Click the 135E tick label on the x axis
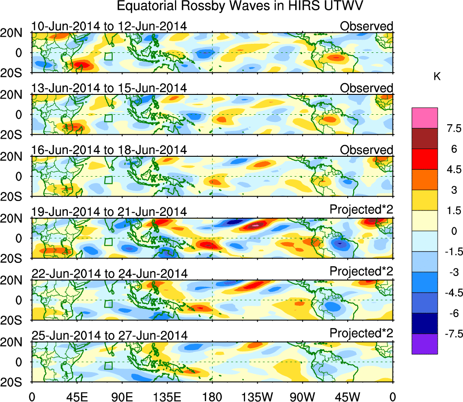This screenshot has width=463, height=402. [167, 397]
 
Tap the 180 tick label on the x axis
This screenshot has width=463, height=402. [213, 397]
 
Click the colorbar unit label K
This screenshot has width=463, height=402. [437, 77]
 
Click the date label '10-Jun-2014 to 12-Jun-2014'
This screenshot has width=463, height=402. [109, 26]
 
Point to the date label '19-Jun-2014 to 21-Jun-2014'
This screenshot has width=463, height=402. [109, 211]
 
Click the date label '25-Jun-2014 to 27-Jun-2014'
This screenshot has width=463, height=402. [109, 335]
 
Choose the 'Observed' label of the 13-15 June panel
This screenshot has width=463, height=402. [367, 88]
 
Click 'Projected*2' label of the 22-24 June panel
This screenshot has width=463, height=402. [361, 273]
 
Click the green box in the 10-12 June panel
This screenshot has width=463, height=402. [109, 56]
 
